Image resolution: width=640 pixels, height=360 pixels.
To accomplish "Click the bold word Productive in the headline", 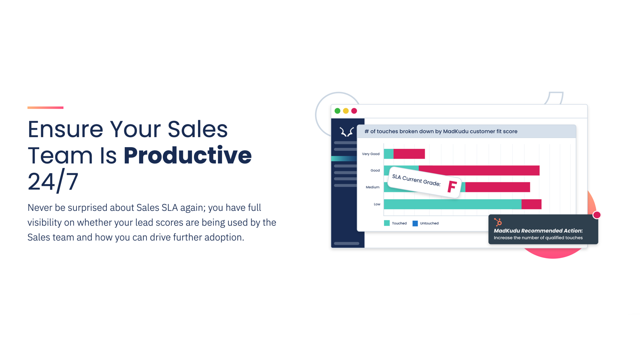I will [x=188, y=156].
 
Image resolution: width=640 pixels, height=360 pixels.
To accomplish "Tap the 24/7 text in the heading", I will [x=53, y=182].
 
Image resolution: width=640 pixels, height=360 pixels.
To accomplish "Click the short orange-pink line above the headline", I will [x=45, y=108].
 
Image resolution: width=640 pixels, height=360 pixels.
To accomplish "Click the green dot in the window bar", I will [x=337, y=111].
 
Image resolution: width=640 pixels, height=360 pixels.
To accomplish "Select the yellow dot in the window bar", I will [x=346, y=111].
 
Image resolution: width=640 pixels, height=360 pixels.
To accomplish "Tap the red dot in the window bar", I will [x=354, y=111].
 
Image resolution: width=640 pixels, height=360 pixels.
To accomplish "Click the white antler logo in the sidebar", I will [x=346, y=132].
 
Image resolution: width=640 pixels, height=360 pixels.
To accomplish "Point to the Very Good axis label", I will [x=370, y=154].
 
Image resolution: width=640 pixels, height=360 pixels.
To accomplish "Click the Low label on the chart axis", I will [x=377, y=204].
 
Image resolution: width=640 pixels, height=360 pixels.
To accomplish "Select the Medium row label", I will [x=372, y=187].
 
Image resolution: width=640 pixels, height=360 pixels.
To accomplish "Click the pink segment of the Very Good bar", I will [x=409, y=154].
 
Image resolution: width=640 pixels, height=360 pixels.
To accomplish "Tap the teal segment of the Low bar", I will [x=452, y=204].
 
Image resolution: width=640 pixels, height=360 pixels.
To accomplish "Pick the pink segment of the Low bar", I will [x=531, y=204].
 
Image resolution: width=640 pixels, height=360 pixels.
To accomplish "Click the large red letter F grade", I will [x=452, y=187].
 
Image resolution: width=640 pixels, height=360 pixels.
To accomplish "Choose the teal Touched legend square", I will [x=387, y=223].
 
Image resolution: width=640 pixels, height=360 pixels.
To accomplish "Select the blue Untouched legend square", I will [x=415, y=223].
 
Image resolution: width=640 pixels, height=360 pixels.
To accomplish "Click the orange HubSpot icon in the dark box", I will [x=498, y=222].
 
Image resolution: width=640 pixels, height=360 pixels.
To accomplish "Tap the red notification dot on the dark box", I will [x=596, y=215].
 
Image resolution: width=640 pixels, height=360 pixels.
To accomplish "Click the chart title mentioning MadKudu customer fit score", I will [x=440, y=131].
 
